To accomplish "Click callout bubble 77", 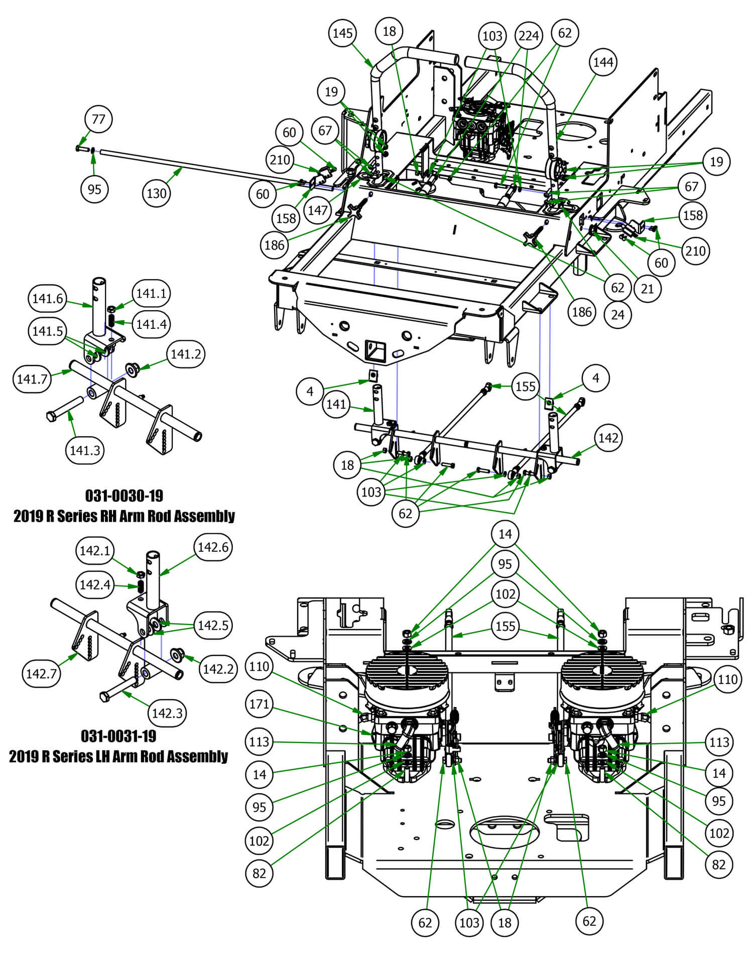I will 98,120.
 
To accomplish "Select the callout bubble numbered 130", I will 156,193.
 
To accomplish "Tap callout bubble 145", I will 343,34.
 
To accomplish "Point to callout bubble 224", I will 529,36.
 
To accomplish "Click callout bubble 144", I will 603,62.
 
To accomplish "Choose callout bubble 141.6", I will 47,299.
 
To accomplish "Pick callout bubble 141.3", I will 85,450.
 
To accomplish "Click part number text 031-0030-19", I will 124,496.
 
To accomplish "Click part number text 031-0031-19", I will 118,736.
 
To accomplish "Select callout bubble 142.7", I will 41,673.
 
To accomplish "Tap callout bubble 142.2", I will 218,669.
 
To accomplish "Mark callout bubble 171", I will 259,704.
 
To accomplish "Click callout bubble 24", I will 617,315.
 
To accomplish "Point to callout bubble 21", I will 648,289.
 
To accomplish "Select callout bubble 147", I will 317,210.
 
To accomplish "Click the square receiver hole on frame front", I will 376,349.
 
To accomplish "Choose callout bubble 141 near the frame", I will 336,404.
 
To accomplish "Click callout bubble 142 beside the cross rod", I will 608,438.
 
